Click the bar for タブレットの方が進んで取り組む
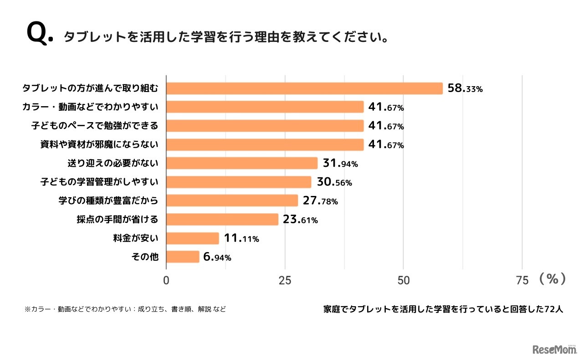(x=304, y=88)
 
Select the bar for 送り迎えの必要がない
(x=242, y=163)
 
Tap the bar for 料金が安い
(x=193, y=238)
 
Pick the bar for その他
(x=183, y=257)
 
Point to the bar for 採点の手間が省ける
(x=222, y=220)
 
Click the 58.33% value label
(x=465, y=89)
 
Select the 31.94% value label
(x=340, y=164)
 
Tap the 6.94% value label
(x=217, y=257)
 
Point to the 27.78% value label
(x=320, y=201)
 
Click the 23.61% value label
(x=300, y=220)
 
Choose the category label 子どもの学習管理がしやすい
(x=99, y=182)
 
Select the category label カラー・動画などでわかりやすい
(x=90, y=107)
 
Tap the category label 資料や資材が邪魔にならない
(x=99, y=145)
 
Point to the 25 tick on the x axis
(x=285, y=280)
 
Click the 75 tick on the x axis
(x=522, y=280)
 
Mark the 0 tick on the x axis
(x=166, y=280)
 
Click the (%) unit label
(x=552, y=279)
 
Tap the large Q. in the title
(x=40, y=34)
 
